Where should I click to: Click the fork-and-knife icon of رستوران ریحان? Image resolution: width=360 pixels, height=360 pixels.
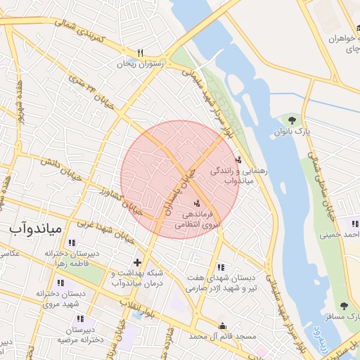tap(141, 53)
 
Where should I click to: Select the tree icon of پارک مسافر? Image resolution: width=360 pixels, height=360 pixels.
tap(344, 306)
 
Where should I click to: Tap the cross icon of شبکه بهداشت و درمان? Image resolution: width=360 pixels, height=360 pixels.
tap(136, 263)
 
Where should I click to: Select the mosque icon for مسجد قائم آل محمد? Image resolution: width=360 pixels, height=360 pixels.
tap(223, 326)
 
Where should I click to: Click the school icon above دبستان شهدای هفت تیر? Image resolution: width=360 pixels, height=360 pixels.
tap(222, 267)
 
